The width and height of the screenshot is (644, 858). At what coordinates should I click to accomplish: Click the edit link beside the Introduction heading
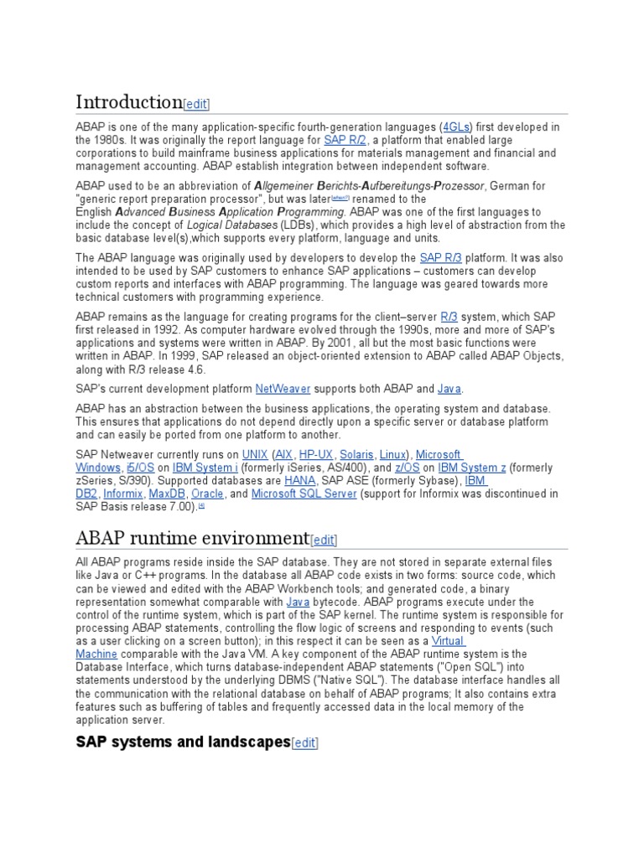[196, 104]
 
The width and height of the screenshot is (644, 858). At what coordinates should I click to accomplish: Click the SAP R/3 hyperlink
[441, 257]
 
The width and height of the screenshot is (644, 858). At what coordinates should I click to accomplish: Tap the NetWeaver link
[283, 389]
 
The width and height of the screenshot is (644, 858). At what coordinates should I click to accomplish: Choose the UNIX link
[255, 454]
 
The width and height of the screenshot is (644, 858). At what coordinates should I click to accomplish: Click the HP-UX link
[317, 454]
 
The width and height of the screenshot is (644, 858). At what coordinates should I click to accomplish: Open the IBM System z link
[471, 468]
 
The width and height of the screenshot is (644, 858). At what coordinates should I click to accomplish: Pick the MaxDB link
[168, 494]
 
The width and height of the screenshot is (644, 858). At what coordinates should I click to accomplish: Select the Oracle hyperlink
[207, 494]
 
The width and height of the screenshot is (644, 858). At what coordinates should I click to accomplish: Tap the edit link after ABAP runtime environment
[324, 540]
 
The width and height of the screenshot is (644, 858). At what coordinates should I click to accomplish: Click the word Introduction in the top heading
[128, 102]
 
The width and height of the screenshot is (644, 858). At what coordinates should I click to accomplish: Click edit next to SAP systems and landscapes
[305, 742]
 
